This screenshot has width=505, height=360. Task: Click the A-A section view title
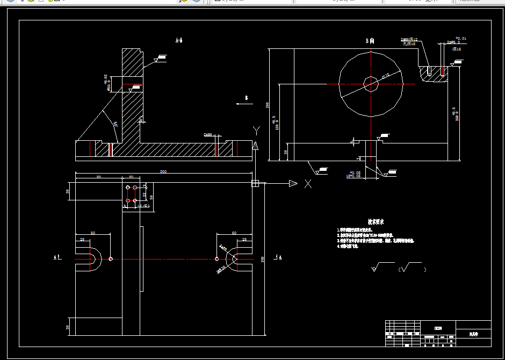pos(179,40)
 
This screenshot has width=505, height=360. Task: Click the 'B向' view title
pos(370,40)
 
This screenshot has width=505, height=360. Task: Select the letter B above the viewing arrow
pos(246,98)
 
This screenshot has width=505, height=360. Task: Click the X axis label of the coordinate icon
pos(308,184)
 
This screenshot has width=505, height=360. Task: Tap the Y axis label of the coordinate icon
pos(257,129)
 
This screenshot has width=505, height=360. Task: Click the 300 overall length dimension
pos(162,171)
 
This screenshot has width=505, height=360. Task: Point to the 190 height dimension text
pos(267,105)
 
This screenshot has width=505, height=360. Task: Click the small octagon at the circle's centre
pos(371,84)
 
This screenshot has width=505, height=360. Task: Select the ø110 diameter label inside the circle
pos(385,76)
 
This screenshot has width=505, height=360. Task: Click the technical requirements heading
pos(376,221)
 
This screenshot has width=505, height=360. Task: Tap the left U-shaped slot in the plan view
pos(90,259)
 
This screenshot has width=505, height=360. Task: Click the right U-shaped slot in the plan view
pos(238,259)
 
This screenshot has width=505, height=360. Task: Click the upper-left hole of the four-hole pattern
pos(128,188)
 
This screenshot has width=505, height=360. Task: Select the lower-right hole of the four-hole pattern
pos(135,200)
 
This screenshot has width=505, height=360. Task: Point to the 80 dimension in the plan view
pos(98,177)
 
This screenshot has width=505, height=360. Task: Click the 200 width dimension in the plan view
pos(262,259)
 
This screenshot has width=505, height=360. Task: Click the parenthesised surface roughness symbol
pos(412,268)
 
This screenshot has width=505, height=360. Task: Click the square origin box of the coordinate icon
pos(255,184)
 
